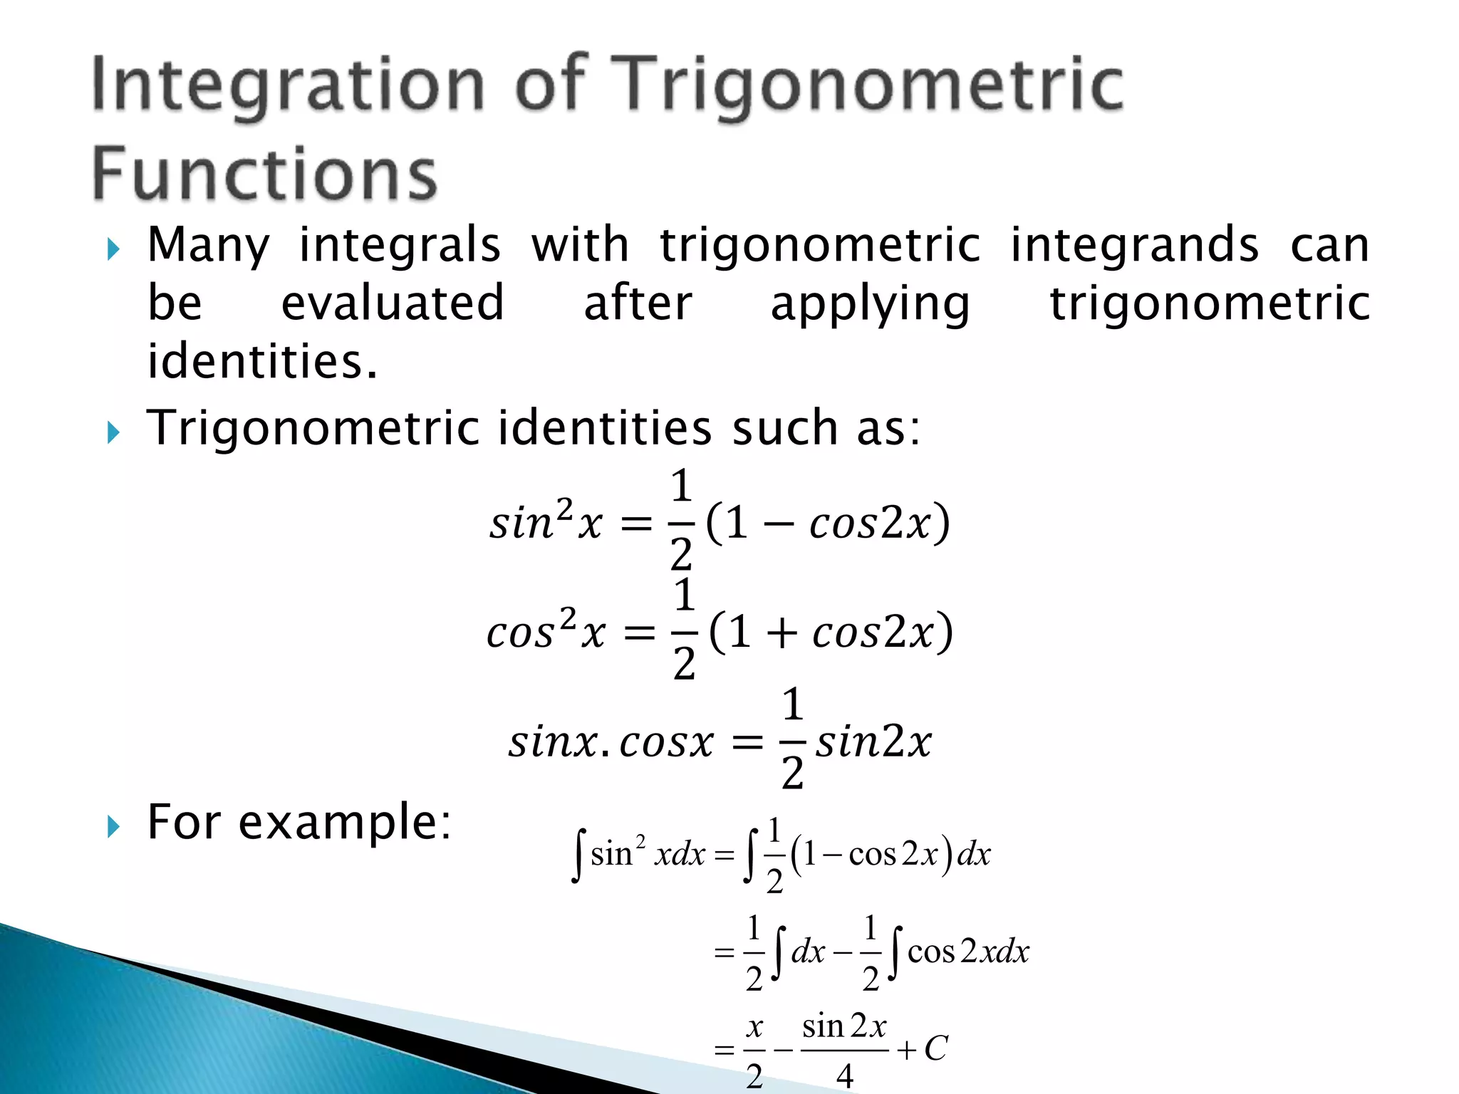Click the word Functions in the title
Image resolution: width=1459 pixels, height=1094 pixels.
pyautogui.click(x=264, y=174)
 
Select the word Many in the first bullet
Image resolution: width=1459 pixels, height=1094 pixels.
pyautogui.click(x=208, y=246)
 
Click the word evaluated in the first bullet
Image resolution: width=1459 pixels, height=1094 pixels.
pyautogui.click(x=393, y=303)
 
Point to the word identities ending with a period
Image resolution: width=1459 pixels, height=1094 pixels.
pyautogui.click(x=261, y=361)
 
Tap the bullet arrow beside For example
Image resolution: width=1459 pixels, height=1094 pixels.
pyautogui.click(x=113, y=827)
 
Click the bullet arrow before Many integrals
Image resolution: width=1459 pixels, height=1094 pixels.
pyautogui.click(x=113, y=249)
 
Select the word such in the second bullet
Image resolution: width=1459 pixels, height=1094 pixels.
pyautogui.click(x=784, y=428)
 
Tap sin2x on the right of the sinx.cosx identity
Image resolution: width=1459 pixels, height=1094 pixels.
pyautogui.click(x=873, y=742)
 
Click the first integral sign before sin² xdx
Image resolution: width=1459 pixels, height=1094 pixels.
pyautogui.click(x=578, y=855)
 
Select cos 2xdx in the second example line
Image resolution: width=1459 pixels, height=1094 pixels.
pyautogui.click(x=967, y=952)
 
